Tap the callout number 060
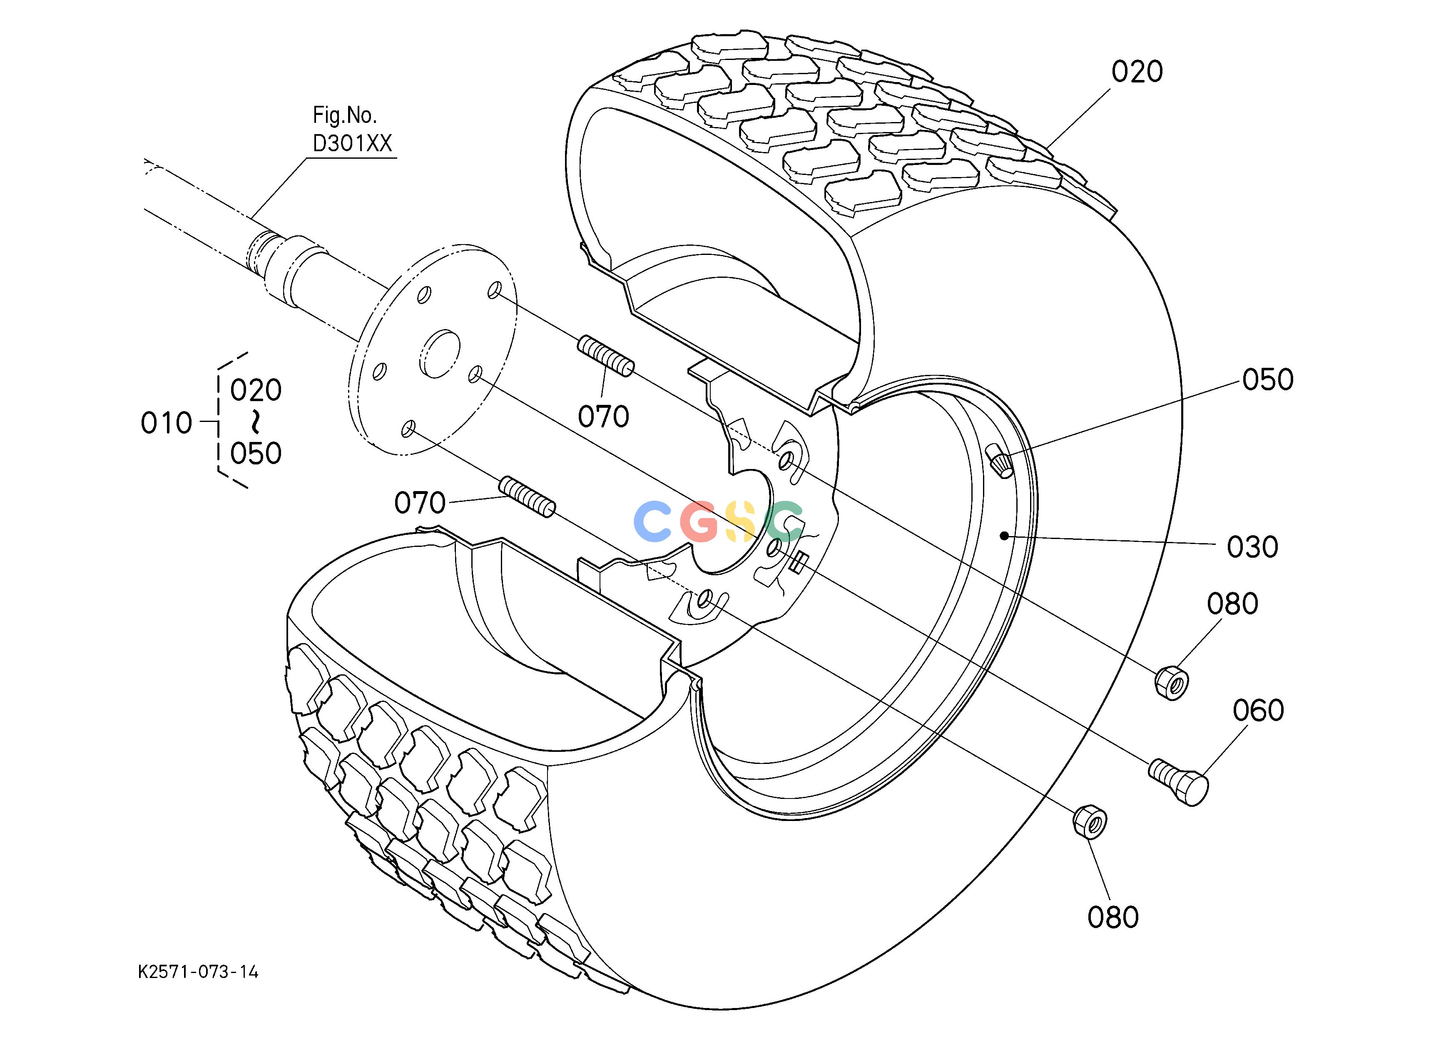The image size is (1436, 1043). point(1258,711)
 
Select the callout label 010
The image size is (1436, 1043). point(166,423)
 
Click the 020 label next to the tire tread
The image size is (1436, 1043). point(1137,72)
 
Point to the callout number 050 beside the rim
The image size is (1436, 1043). point(1267,379)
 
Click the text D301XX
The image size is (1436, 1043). point(353,144)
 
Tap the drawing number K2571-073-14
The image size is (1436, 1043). point(198,972)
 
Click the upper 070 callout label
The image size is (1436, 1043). point(603,417)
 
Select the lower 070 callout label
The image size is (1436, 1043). point(420,503)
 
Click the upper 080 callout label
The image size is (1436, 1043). point(1232,604)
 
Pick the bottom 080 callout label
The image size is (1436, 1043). point(1113,917)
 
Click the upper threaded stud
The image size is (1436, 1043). point(605,357)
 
